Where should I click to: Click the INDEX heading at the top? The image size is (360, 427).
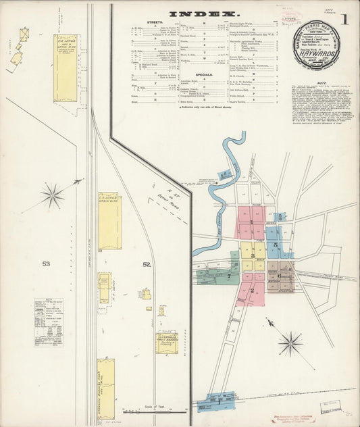[203, 14]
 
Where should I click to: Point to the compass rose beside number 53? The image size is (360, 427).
[52, 197]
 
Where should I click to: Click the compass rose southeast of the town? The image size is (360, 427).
[290, 343]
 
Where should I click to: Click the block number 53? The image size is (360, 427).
[45, 263]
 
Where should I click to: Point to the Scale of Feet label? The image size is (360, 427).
[155, 407]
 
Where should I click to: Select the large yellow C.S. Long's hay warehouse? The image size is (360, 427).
[66, 59]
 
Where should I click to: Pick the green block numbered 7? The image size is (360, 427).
[230, 276]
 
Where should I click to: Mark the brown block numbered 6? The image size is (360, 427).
[279, 276]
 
